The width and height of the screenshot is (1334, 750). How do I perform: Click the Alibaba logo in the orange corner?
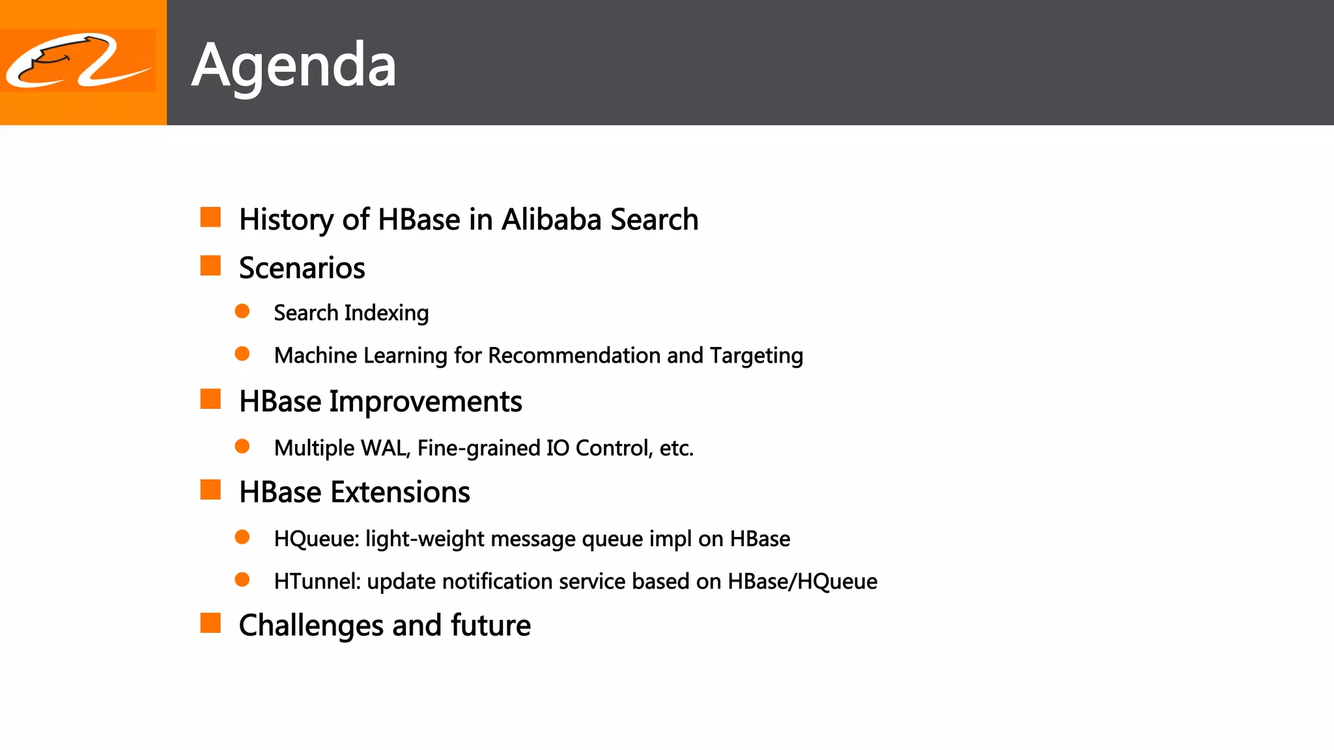pyautogui.click(x=78, y=61)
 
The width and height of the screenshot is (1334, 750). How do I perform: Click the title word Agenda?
pyautogui.click(x=294, y=65)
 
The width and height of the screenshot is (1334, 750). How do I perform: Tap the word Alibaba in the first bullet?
pyautogui.click(x=551, y=219)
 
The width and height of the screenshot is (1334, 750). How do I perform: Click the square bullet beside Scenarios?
pyautogui.click(x=210, y=266)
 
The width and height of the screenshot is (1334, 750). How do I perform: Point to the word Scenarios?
pyautogui.click(x=302, y=268)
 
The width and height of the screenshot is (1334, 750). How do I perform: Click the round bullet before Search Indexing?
pyautogui.click(x=242, y=311)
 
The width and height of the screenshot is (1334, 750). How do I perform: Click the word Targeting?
pyautogui.click(x=756, y=356)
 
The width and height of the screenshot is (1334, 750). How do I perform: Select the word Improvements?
pyautogui.click(x=425, y=402)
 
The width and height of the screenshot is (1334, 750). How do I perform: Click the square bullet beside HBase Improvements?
pyautogui.click(x=210, y=399)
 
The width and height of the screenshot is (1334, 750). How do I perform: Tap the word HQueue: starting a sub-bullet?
pyautogui.click(x=317, y=539)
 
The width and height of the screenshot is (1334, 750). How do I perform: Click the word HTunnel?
pyautogui.click(x=317, y=581)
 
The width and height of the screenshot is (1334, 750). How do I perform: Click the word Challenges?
pyautogui.click(x=311, y=626)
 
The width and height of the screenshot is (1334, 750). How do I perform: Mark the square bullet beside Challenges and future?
pyautogui.click(x=210, y=623)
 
